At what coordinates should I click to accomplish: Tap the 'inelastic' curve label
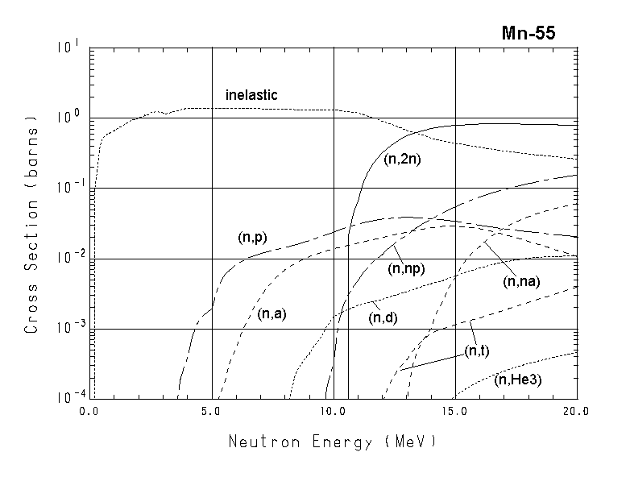pos(251,95)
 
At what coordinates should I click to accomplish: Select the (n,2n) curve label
pos(404,159)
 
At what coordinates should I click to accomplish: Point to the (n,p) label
pos(253,237)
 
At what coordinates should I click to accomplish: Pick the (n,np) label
pos(406,269)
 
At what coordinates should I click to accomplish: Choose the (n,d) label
pos(384,317)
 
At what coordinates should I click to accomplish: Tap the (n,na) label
pos(521,281)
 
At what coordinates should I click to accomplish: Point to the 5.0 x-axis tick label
pos(212,411)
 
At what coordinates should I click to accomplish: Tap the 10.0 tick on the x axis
pos(334,411)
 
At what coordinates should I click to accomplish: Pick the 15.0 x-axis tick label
pos(455,411)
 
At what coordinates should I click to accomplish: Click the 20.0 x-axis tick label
pos(577,411)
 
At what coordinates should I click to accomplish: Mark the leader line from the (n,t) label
pos(431,360)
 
